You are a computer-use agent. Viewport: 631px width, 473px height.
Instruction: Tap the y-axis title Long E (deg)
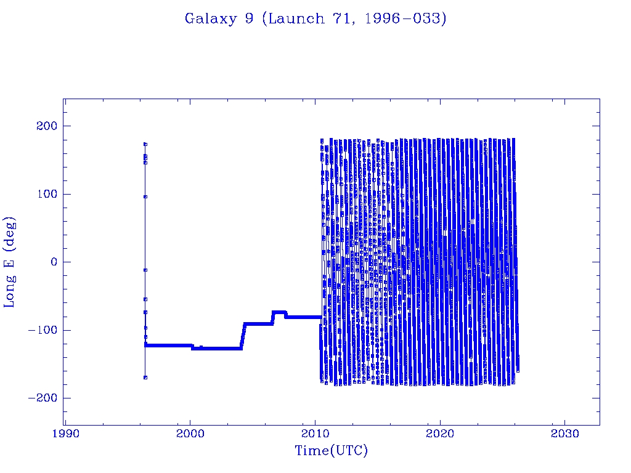[x=10, y=262]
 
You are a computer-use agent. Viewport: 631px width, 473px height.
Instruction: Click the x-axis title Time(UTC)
[x=331, y=451]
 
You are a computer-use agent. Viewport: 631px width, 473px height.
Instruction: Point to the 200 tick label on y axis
[x=44, y=126]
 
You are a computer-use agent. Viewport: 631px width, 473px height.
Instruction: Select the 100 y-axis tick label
[x=44, y=194]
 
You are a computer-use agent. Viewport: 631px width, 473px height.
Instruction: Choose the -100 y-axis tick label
[x=41, y=330]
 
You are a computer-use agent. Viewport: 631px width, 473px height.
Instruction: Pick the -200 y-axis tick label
[x=41, y=398]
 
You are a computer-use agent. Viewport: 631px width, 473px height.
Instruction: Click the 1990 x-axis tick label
[x=65, y=434]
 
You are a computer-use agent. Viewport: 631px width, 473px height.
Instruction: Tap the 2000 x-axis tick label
[x=190, y=434]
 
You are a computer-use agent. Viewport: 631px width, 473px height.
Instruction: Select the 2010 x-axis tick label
[x=315, y=434]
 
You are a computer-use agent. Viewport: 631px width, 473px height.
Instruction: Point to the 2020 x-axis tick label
[x=440, y=434]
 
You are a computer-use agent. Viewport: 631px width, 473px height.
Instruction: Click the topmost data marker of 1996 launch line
[x=145, y=144]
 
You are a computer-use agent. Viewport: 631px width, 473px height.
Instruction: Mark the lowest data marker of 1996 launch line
[x=145, y=378]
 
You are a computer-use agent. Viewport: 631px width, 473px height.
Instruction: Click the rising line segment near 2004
[x=243, y=336]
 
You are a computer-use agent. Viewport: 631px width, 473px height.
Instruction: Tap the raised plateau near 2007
[x=279, y=312]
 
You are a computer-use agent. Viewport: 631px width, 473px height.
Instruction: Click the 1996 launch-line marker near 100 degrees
[x=145, y=196]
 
